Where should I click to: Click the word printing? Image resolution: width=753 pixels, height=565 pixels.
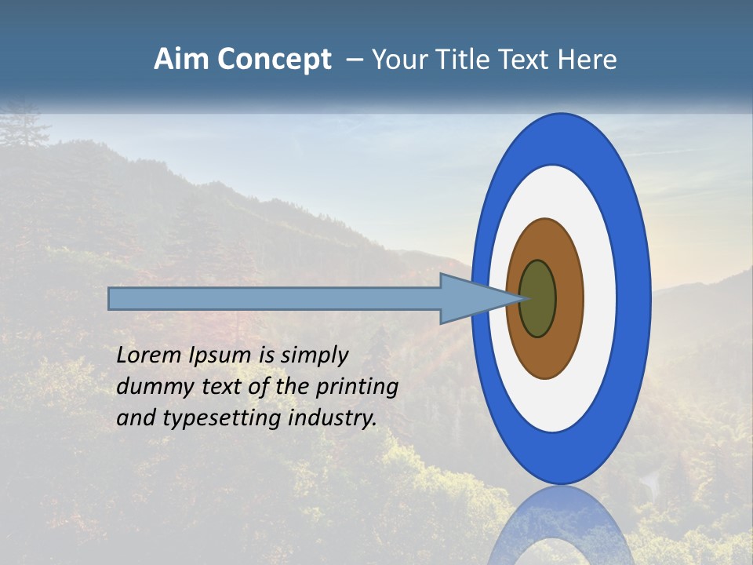tap(357, 388)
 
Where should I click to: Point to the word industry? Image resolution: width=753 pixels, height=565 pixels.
tap(333, 418)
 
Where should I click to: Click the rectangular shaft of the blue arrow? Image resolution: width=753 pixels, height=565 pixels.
tap(275, 298)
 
